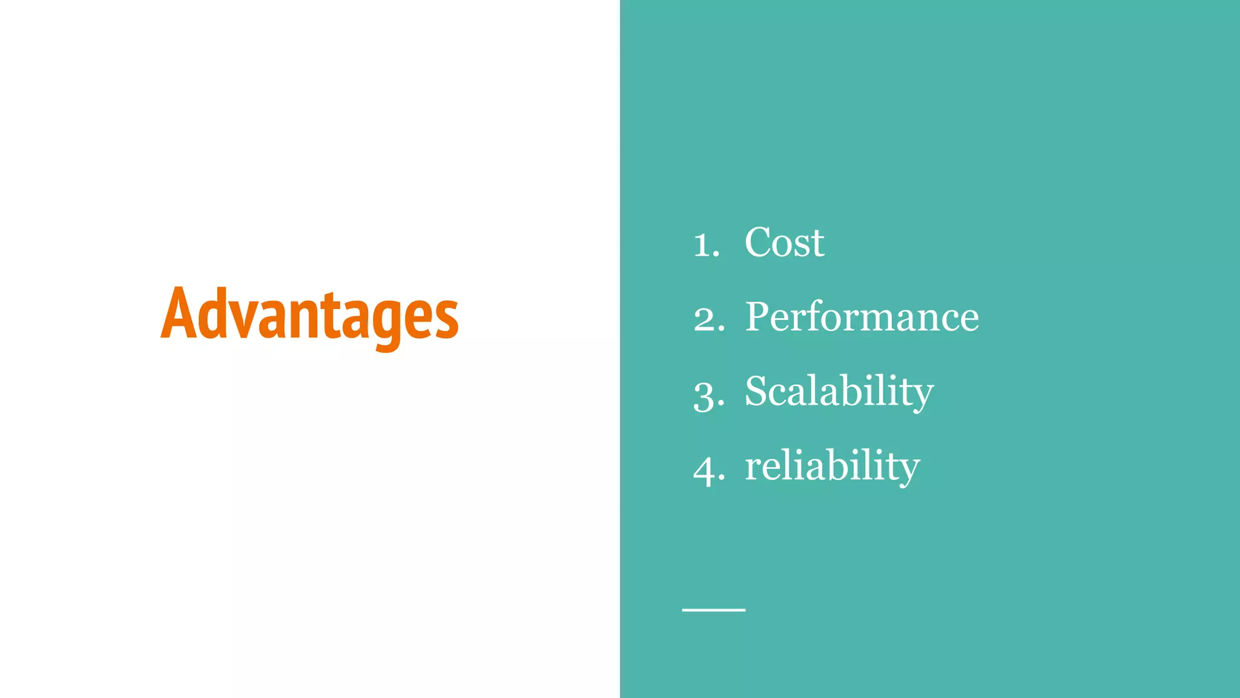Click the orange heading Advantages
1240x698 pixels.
click(x=309, y=315)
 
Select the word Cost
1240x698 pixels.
click(x=784, y=242)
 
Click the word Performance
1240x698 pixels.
click(x=862, y=316)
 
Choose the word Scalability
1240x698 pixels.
click(x=839, y=392)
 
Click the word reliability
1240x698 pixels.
click(x=832, y=466)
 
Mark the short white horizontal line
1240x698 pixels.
click(x=713, y=610)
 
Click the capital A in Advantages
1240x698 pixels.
click(x=180, y=313)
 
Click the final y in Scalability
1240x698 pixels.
click(x=921, y=397)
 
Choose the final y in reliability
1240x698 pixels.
click(x=907, y=471)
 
